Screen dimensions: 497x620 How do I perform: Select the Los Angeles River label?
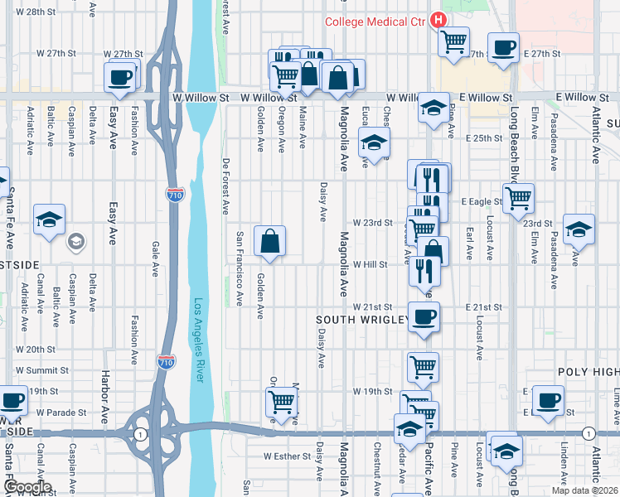(198, 340)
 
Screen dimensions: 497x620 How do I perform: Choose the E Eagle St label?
(484, 201)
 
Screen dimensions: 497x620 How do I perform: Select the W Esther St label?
(285, 456)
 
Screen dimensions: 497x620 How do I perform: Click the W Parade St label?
(61, 413)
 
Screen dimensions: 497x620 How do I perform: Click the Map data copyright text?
(584, 490)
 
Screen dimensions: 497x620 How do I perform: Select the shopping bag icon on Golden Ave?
(270, 242)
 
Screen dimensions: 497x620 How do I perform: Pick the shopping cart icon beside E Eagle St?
(518, 197)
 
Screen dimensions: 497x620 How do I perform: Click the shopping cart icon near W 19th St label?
(423, 365)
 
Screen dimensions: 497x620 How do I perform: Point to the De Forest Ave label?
(225, 186)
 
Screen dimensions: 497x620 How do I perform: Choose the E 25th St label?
(484, 138)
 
